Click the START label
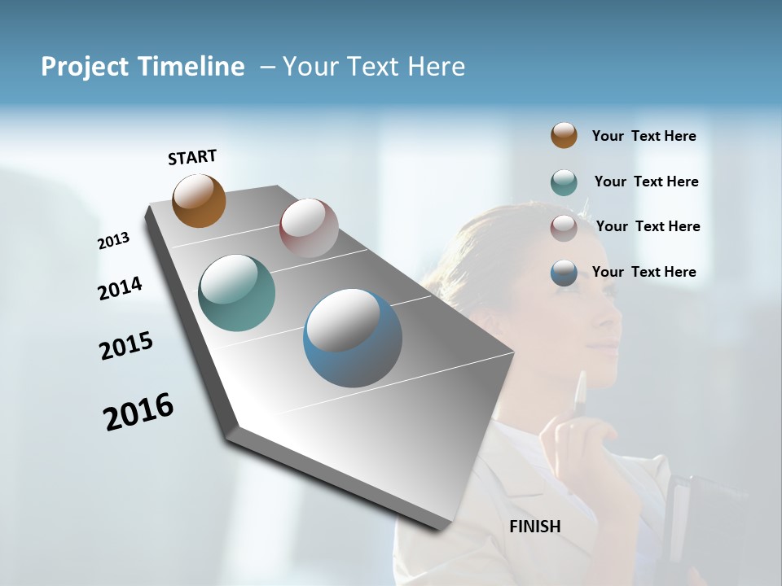pyautogui.click(x=192, y=157)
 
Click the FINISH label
pyautogui.click(x=535, y=527)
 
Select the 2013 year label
pyautogui.click(x=113, y=241)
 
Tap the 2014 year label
pyautogui.click(x=120, y=288)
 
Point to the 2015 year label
pyautogui.click(x=126, y=346)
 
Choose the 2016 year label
pyautogui.click(x=138, y=411)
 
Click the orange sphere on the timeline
pyautogui.click(x=199, y=200)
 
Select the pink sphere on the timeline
pyautogui.click(x=309, y=228)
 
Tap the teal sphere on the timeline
pyautogui.click(x=236, y=293)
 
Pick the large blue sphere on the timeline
pyautogui.click(x=353, y=338)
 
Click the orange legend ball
pyautogui.click(x=564, y=136)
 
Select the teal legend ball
pyautogui.click(x=564, y=182)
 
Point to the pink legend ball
pyautogui.click(x=564, y=227)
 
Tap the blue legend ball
pyautogui.click(x=564, y=273)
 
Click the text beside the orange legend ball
pyautogui.click(x=644, y=137)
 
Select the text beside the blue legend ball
pyautogui.click(x=644, y=272)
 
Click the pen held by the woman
pyautogui.click(x=580, y=396)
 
